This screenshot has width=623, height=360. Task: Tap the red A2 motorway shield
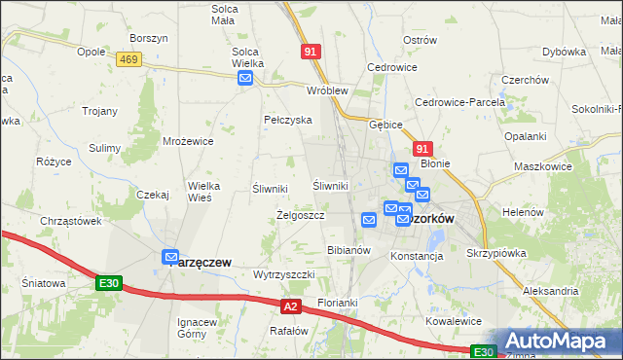290,306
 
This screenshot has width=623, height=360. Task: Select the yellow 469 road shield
128,60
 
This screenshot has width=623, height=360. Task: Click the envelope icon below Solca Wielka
245,79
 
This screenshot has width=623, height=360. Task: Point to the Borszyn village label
149,38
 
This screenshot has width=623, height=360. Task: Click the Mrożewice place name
188,141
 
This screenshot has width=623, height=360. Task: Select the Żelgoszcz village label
300,214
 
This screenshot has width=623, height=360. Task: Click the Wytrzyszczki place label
283,275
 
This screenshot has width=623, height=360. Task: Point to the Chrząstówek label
71,221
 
